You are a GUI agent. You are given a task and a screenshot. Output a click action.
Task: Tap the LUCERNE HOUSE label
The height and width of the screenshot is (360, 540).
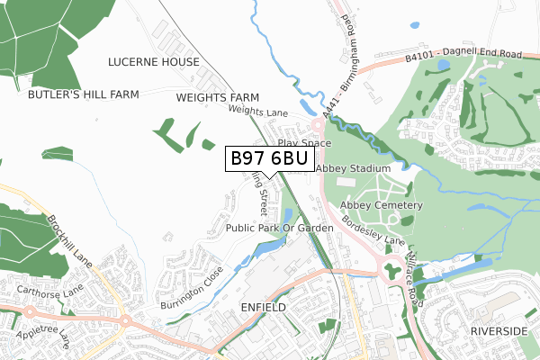point(153,62)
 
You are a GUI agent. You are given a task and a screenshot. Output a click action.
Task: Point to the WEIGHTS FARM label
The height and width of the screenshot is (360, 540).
point(217,97)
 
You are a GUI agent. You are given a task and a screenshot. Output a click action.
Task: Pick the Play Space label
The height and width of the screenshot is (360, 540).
point(304,143)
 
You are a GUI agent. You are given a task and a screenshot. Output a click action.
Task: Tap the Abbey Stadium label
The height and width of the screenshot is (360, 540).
point(353,168)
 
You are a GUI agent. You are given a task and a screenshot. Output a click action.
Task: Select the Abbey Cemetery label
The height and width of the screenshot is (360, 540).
point(382,206)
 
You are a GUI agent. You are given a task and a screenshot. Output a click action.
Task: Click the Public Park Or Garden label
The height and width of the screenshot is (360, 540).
point(279,229)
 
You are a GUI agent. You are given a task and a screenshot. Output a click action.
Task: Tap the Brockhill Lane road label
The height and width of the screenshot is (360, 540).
point(68,245)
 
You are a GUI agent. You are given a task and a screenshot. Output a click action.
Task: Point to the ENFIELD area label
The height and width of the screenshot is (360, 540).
point(264,308)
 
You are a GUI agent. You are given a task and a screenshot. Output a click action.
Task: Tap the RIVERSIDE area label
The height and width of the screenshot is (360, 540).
point(499,331)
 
